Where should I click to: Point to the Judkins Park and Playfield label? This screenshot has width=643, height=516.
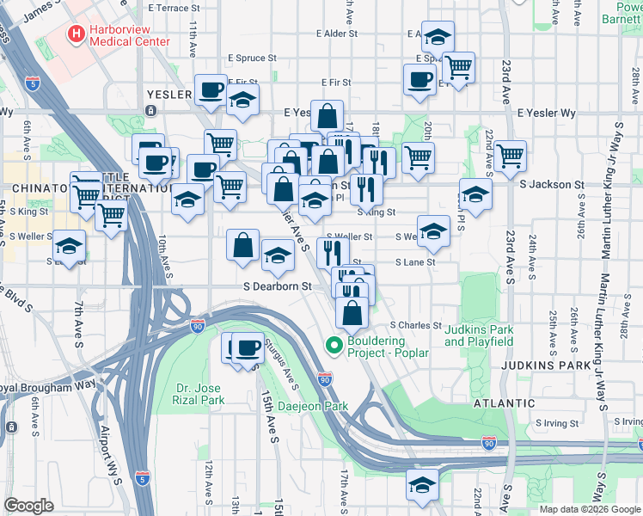479,335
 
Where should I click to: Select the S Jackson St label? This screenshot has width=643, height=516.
551,184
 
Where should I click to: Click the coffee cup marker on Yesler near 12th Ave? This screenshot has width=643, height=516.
211,89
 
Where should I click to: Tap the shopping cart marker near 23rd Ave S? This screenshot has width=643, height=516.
511,156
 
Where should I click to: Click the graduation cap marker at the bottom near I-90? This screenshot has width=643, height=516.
422,484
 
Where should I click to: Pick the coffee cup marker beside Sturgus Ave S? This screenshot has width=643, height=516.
248,347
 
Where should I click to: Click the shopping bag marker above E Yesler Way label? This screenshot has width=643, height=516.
328,115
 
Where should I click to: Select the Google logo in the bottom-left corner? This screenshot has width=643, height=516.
28,506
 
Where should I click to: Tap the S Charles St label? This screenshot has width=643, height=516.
415,326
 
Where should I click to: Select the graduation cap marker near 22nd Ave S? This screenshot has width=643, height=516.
475,193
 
